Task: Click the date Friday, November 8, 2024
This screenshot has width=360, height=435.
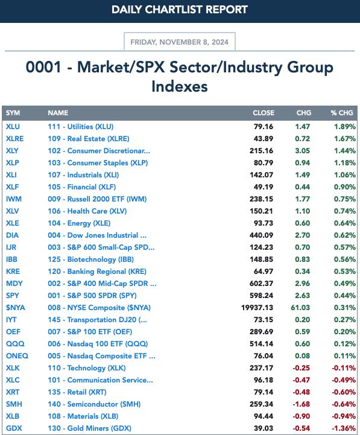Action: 180,42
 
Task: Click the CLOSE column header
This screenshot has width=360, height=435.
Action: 264,113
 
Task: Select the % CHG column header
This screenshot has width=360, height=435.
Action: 342,113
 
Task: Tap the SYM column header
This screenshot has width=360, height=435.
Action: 13,113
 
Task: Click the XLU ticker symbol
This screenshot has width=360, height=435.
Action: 13,127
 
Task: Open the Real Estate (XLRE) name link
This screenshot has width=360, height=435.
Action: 89,139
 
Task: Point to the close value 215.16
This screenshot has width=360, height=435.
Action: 261,151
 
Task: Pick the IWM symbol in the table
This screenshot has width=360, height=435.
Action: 14,199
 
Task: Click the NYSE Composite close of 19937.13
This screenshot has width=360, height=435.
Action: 257,308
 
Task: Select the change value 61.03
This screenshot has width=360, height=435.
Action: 300,308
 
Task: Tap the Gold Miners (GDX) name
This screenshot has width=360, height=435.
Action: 90,428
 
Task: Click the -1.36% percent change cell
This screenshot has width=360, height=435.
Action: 344,428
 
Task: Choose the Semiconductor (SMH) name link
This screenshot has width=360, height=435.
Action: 94,404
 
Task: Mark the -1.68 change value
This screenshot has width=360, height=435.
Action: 301,404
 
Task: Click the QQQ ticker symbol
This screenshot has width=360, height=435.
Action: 15,344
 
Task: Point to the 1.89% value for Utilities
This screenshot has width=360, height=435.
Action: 344,127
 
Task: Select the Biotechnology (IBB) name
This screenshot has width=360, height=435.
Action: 90,259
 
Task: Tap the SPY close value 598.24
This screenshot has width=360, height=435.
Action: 261,296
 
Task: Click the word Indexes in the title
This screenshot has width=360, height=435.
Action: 180,86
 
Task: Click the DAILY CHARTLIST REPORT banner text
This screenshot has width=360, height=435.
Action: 180,10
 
